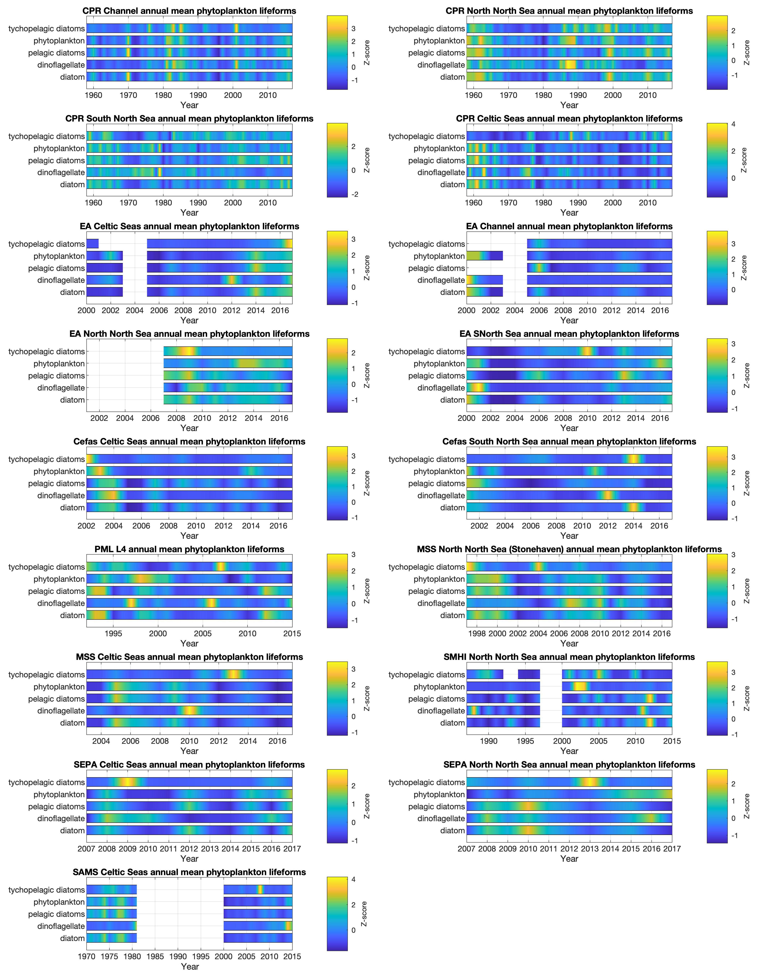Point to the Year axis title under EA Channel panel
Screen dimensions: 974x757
tap(569, 320)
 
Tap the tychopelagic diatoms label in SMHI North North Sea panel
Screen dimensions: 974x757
tap(426, 675)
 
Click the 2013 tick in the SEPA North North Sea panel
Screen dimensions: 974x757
tap(590, 849)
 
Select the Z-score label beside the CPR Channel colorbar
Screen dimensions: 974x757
tap(367, 53)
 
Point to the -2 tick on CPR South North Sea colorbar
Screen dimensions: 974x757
tap(354, 194)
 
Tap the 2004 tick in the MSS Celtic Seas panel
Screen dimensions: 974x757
tap(101, 741)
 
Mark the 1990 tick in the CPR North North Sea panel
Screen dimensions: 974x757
tap(578, 95)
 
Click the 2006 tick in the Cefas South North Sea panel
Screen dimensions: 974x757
tap(531, 526)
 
